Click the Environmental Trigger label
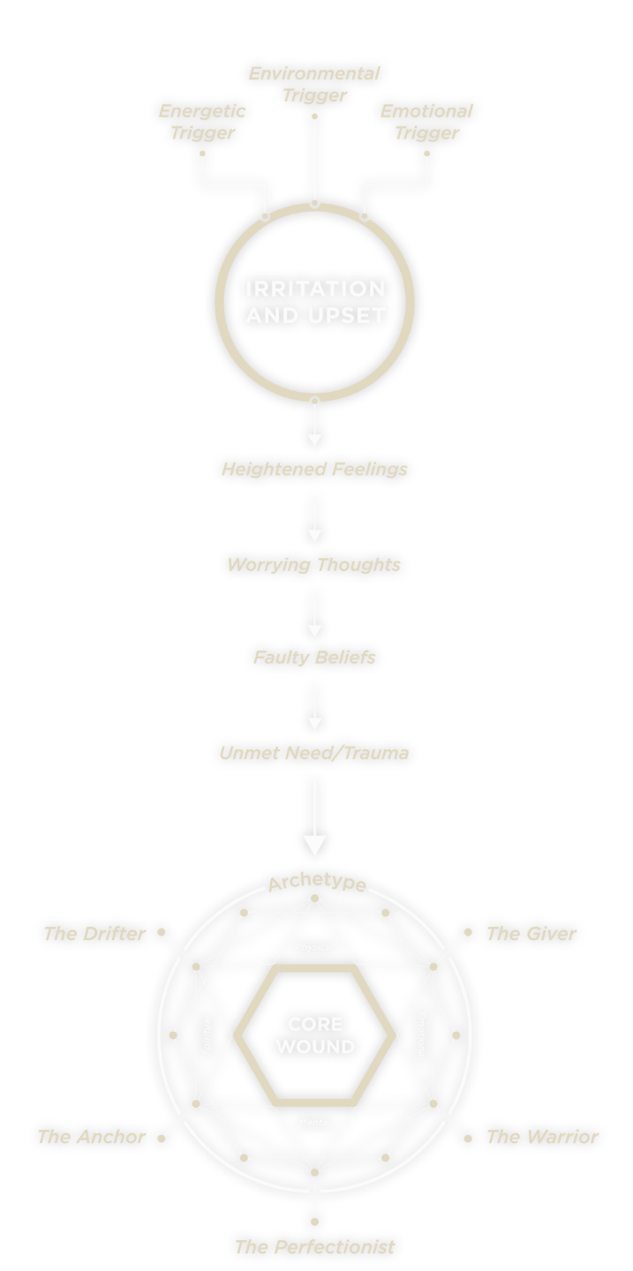[x=314, y=85]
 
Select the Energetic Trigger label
[x=202, y=122]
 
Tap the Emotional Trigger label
[x=426, y=122]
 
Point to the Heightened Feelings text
[x=314, y=469]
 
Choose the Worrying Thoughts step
[x=314, y=565]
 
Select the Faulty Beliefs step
[x=314, y=658]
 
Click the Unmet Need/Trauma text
[x=314, y=753]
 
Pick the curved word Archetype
[x=317, y=884]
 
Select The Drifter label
[x=94, y=934]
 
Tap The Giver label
[x=531, y=934]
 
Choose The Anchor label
[x=91, y=1137]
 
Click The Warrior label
[x=542, y=1137]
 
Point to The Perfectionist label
[x=314, y=1247]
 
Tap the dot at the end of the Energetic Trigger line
[x=202, y=154]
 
